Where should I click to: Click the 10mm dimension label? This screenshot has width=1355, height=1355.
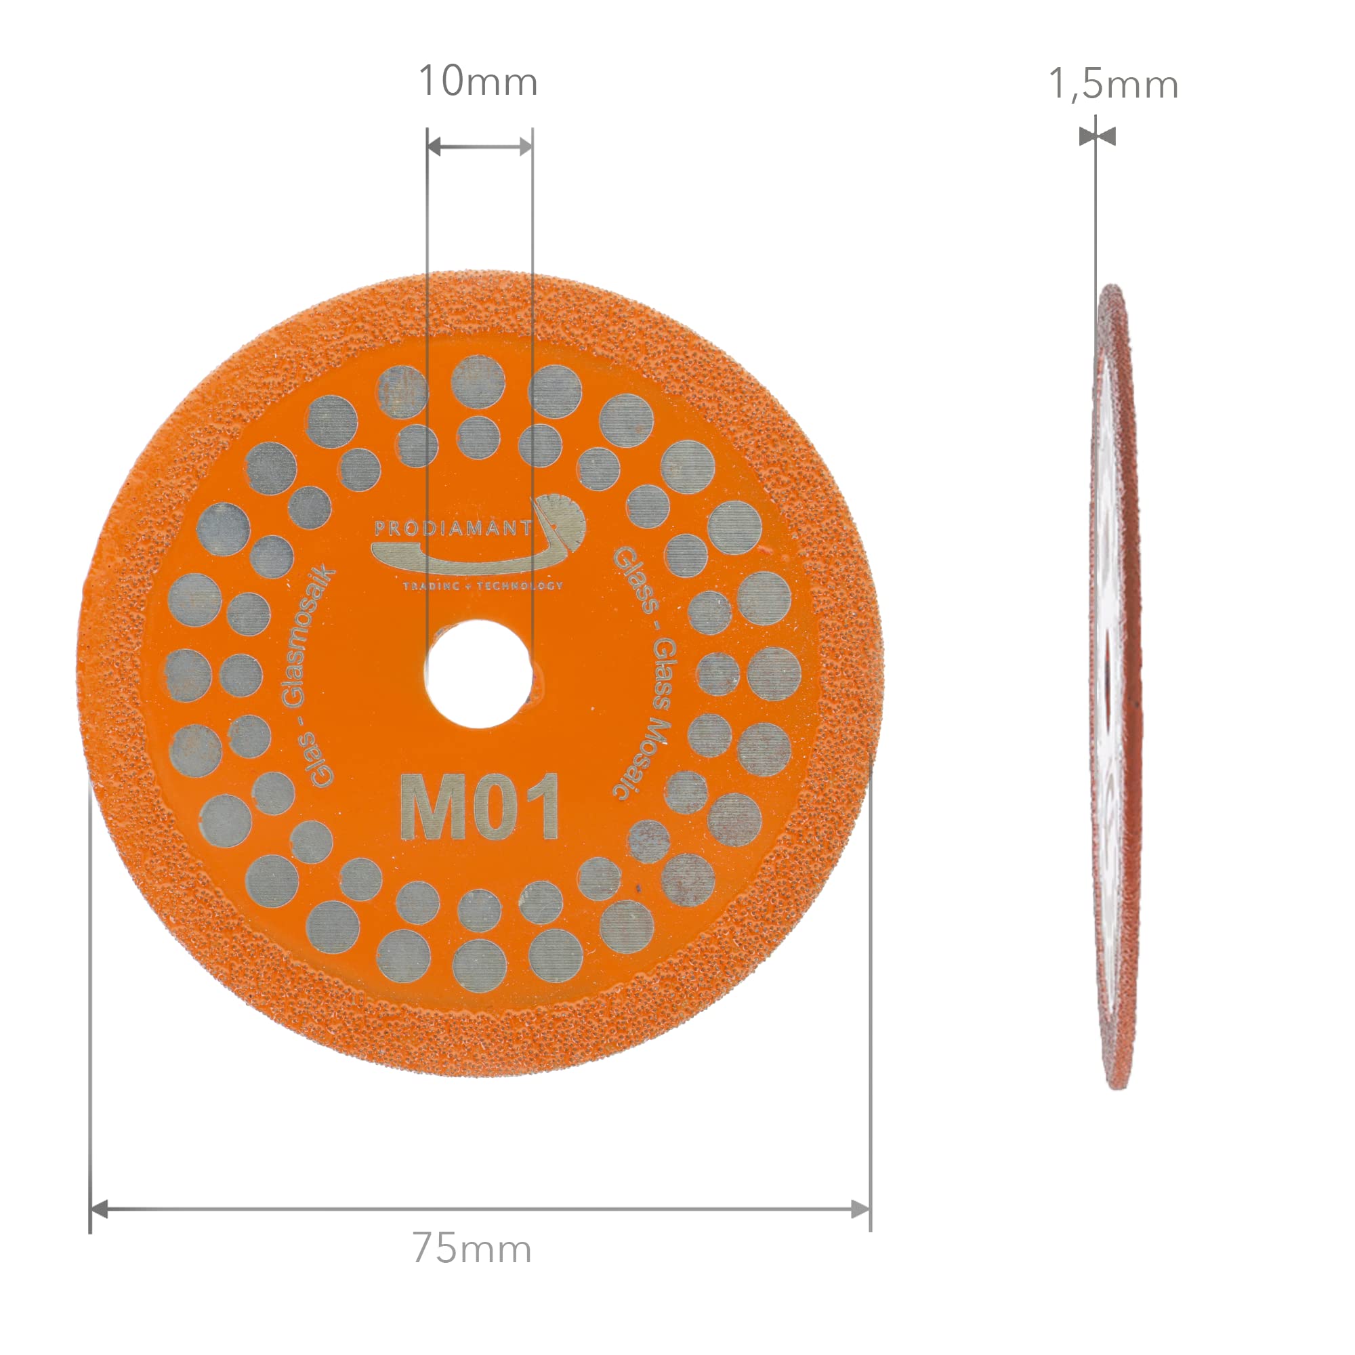click(x=478, y=81)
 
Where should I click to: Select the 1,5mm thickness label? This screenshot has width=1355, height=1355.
click(x=1113, y=85)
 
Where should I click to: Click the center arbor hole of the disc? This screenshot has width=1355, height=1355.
click(x=479, y=674)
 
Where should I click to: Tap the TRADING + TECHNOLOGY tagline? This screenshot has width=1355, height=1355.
click(x=482, y=585)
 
